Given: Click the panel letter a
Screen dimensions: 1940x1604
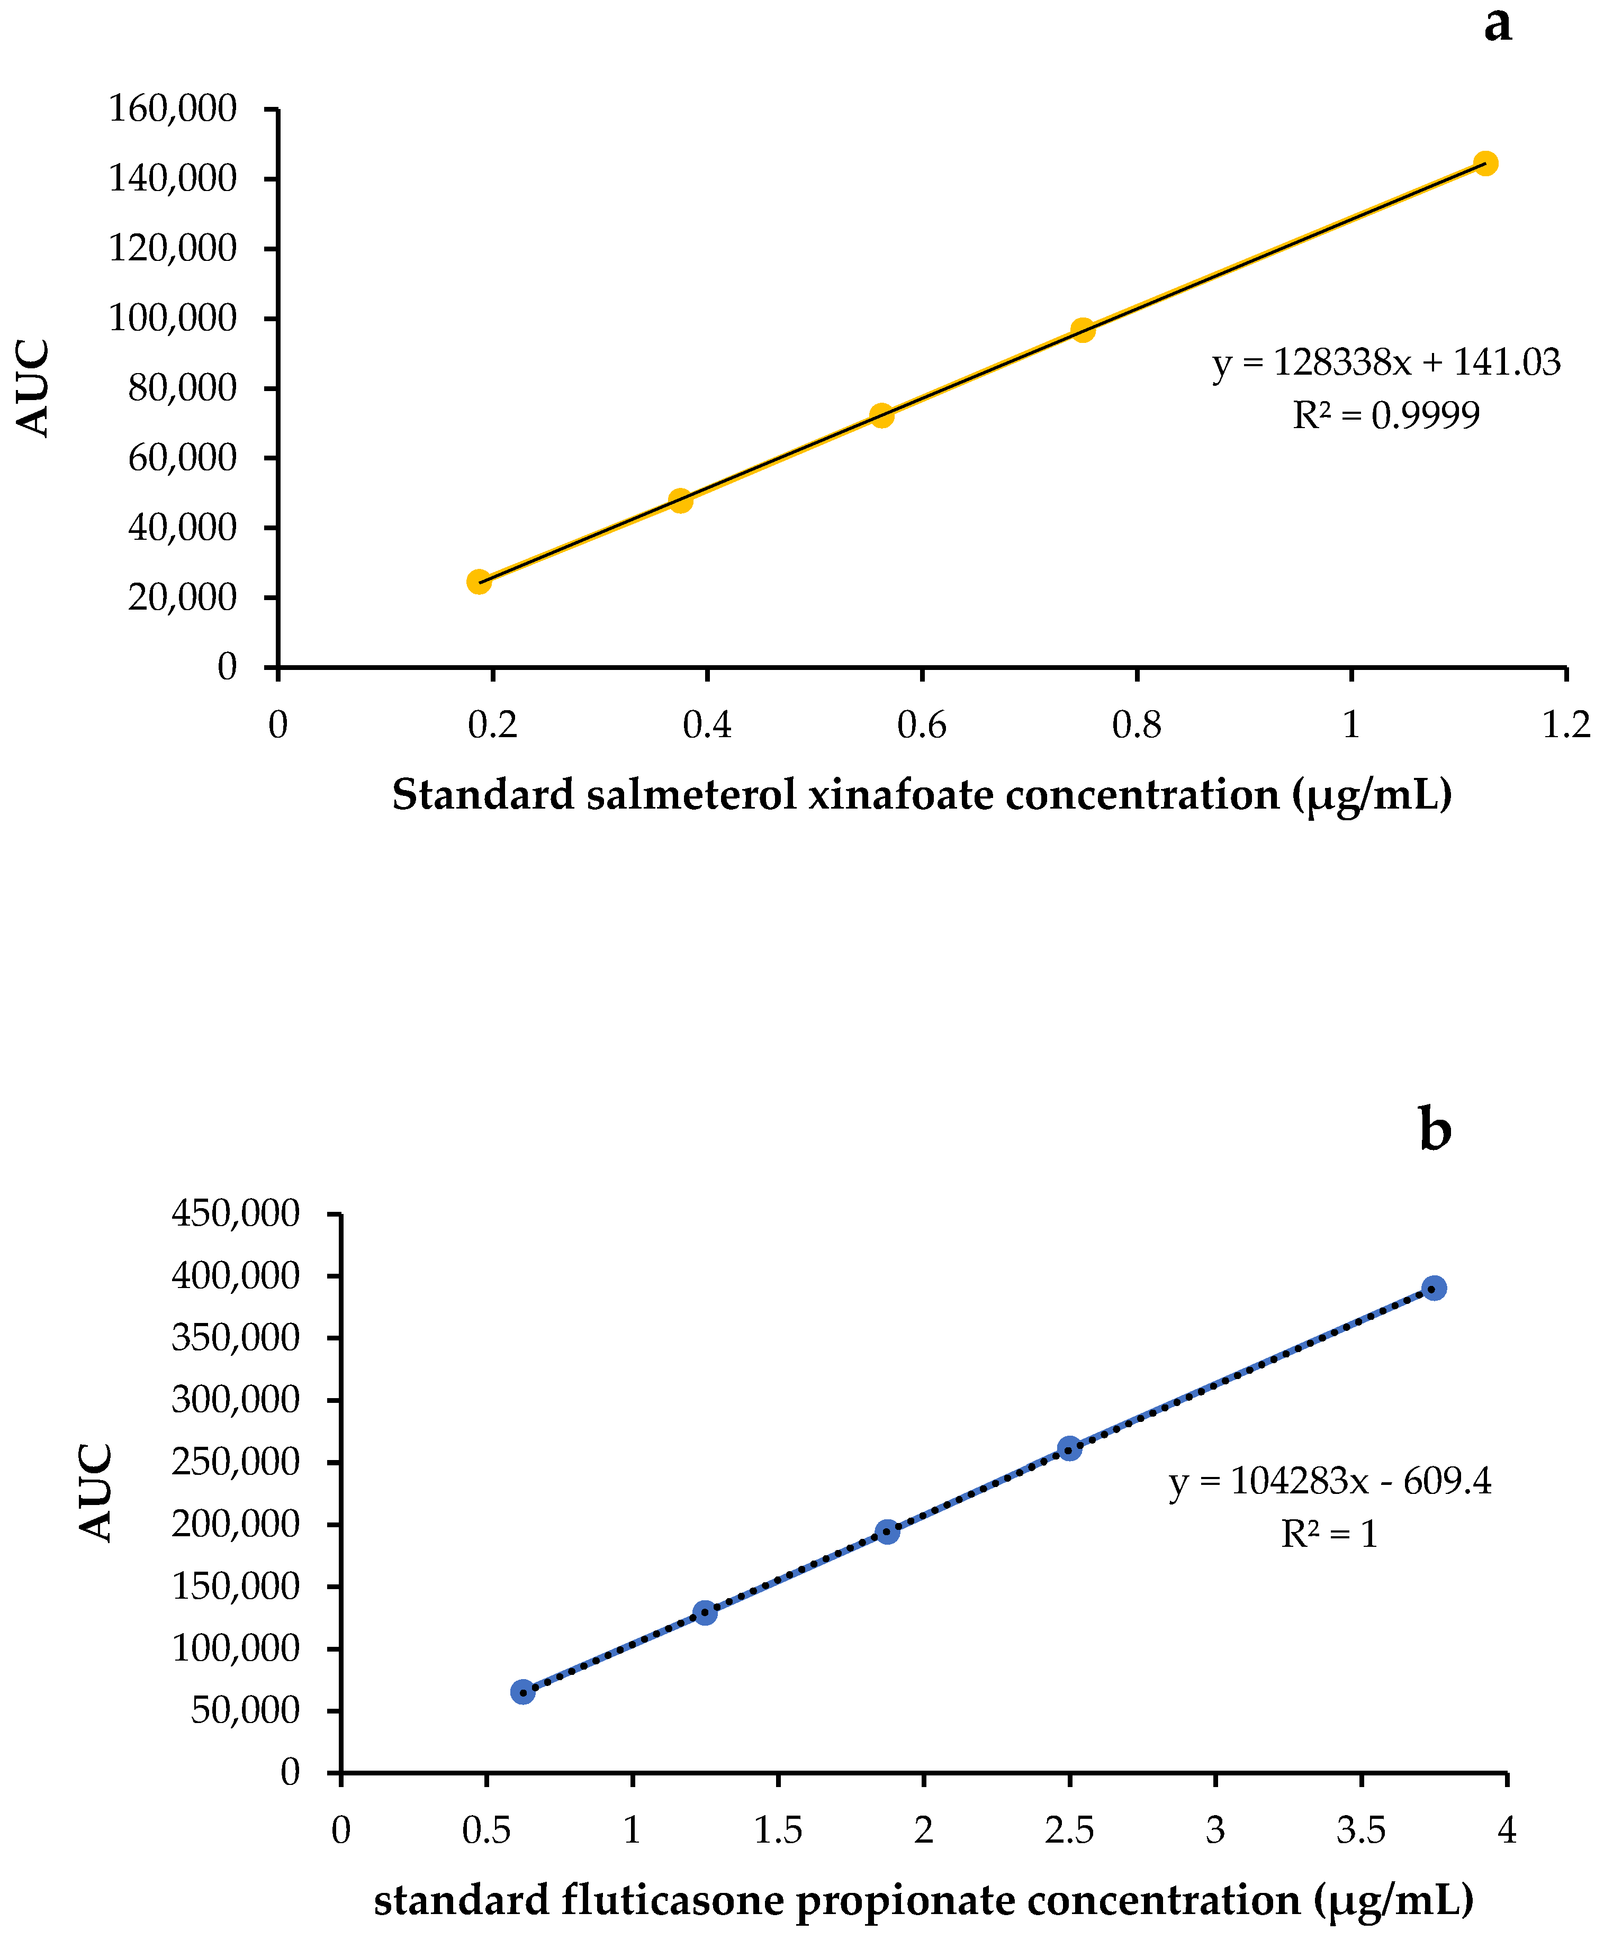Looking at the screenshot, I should click(x=1498, y=25).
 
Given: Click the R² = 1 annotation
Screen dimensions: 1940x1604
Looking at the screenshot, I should click(x=1329, y=1535).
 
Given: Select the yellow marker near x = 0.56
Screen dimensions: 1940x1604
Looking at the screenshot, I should click(x=881, y=415).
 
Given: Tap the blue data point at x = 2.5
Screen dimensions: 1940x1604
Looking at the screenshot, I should click(x=1069, y=1448).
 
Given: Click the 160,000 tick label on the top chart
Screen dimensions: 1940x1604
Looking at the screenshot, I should click(x=173, y=109).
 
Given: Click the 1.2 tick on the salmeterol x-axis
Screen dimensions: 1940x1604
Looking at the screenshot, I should click(x=1566, y=725).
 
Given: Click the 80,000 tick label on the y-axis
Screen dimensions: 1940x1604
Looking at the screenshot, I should click(x=182, y=388).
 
